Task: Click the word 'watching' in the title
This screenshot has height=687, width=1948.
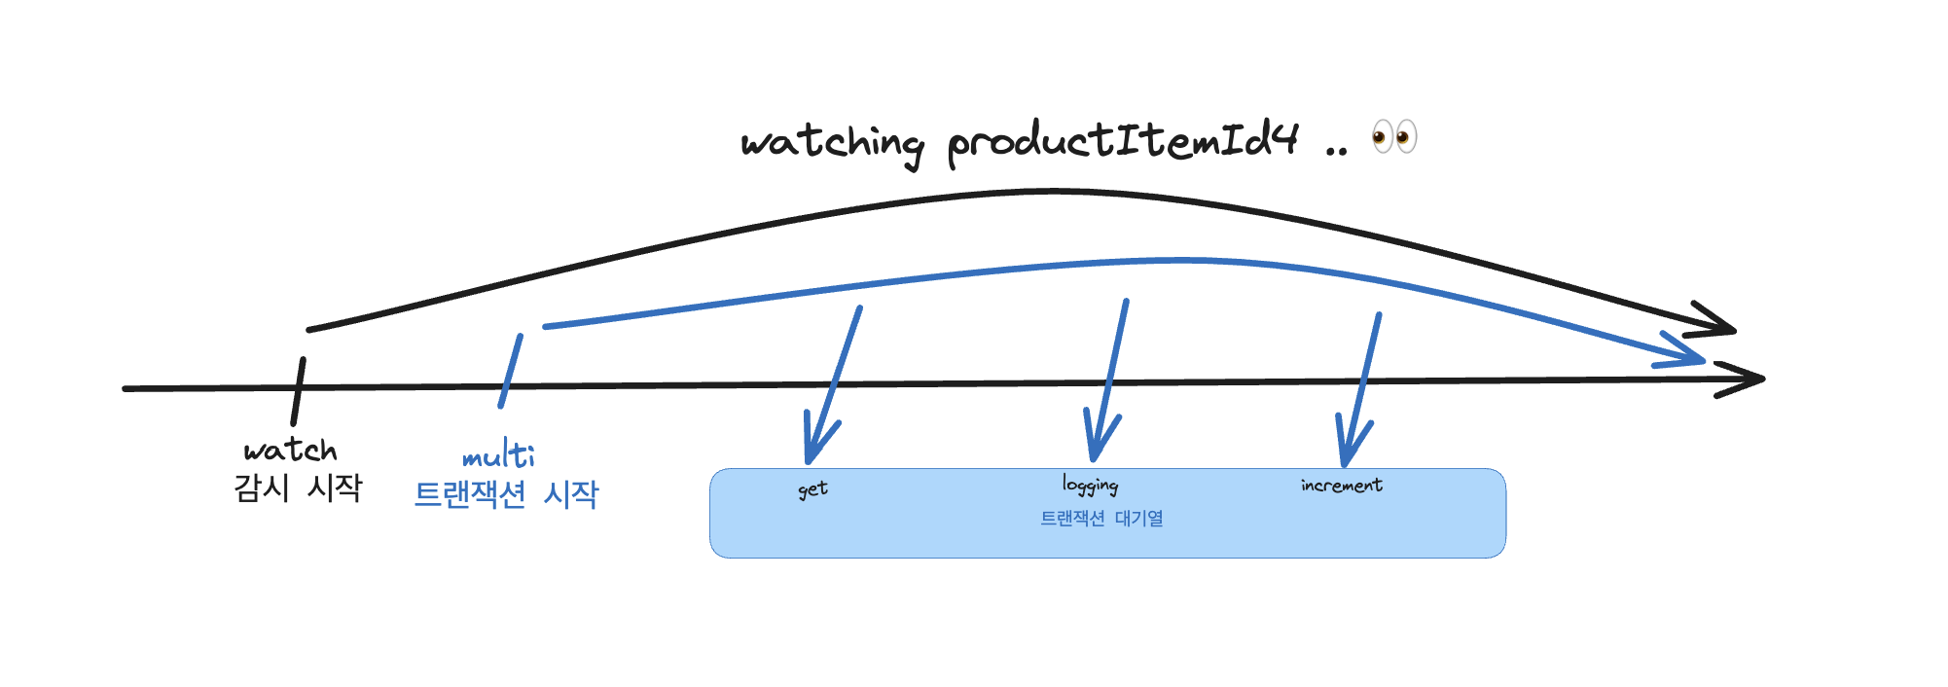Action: (x=832, y=144)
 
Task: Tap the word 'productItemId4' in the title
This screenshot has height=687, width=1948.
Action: (x=1123, y=142)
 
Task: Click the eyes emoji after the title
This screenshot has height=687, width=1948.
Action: (x=1393, y=137)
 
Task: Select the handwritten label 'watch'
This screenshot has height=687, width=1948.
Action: (x=290, y=450)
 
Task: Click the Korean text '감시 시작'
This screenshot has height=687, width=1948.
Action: (x=298, y=487)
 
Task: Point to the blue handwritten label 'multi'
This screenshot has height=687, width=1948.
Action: (x=498, y=455)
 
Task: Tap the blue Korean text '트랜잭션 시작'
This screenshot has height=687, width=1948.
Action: (x=506, y=494)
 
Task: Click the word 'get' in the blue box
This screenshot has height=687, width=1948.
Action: (x=812, y=489)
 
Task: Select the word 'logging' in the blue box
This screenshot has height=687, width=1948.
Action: (x=1090, y=485)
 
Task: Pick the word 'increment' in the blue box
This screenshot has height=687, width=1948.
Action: (x=1341, y=485)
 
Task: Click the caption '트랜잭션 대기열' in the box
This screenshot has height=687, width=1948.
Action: (x=1101, y=519)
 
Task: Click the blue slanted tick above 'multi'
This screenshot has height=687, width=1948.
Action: (x=511, y=371)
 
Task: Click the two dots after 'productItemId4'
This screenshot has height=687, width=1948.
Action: (x=1337, y=152)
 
